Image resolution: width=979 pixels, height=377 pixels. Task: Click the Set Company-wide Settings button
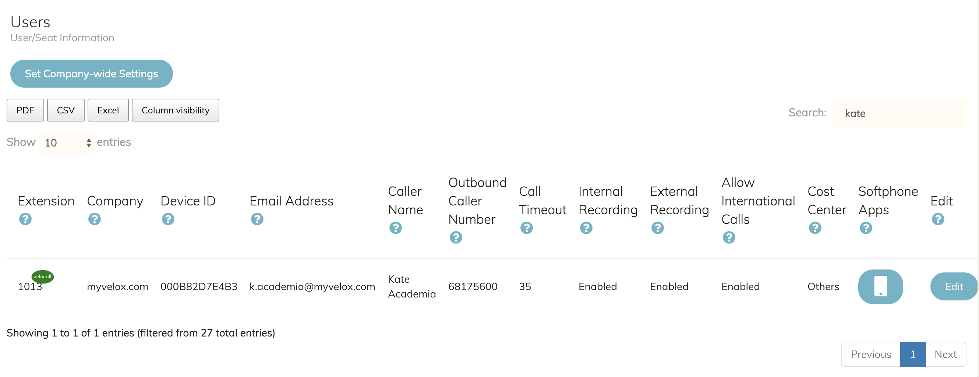click(91, 74)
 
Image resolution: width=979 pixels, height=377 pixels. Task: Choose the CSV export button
click(66, 110)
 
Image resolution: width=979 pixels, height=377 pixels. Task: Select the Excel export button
click(108, 110)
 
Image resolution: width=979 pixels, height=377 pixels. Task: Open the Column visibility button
click(175, 110)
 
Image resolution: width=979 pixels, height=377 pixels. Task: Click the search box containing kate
click(898, 113)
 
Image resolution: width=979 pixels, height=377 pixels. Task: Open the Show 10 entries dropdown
click(67, 142)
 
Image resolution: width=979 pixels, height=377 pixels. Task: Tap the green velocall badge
click(42, 276)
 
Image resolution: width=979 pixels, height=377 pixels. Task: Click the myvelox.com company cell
click(117, 286)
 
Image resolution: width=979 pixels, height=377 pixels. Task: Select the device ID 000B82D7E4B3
click(199, 286)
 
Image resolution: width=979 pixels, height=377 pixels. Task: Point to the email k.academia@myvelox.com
click(312, 286)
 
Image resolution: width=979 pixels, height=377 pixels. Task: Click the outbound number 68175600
click(473, 286)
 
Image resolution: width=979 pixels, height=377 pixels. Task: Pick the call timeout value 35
click(525, 286)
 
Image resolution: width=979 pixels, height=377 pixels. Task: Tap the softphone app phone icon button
click(880, 286)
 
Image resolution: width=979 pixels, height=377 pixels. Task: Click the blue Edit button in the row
click(954, 286)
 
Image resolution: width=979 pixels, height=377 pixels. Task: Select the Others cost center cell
click(823, 286)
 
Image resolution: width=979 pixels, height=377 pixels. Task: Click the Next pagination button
click(945, 354)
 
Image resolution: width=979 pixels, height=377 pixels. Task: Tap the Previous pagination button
click(871, 354)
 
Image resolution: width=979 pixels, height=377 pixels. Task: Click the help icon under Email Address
click(257, 219)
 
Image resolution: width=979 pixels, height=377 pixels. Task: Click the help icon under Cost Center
click(815, 228)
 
